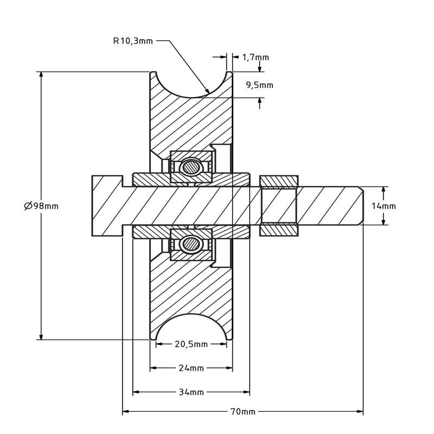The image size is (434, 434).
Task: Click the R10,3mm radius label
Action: [133, 41]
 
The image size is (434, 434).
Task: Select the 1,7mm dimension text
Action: [256, 58]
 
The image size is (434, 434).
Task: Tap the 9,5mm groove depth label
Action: [260, 85]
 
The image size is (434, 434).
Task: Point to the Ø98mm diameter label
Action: [41, 206]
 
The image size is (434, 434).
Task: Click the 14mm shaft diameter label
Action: [384, 206]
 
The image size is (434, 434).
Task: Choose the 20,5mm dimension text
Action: [192, 344]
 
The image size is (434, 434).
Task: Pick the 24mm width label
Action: [192, 368]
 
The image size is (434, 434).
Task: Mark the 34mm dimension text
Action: [192, 392]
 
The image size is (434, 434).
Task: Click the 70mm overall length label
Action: [242, 412]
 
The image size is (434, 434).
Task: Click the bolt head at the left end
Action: [107, 206]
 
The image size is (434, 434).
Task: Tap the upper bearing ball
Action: [190, 168]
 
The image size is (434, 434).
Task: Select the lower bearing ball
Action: [190, 244]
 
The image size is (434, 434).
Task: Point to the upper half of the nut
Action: [279, 181]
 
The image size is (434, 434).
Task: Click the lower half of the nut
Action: [279, 230]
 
